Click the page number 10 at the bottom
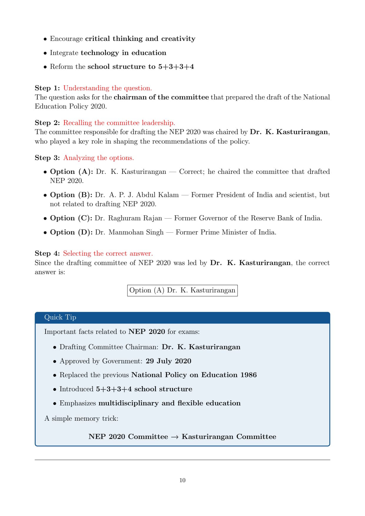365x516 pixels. pos(182,480)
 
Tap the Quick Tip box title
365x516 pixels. pos(60,317)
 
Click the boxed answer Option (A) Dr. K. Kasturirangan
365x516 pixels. pos(182,290)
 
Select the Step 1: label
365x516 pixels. pos(47,88)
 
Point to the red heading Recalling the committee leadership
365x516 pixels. pos(119,123)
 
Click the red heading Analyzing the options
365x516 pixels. pos(99,158)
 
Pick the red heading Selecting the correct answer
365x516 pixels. pos(108,253)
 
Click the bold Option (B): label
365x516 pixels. pos(71,195)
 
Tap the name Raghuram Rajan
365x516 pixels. pos(135,218)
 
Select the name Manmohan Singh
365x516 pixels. pos(136,232)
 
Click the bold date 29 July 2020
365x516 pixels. pos(168,361)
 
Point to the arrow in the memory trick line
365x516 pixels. pos(175,437)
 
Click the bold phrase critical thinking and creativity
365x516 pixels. pos(140,39)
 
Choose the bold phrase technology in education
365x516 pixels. pos(123,53)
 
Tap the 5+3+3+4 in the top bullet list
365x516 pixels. pos(176,66)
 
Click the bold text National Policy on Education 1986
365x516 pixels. pos(194,375)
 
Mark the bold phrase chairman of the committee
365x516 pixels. pos(161,97)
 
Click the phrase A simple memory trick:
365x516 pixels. pos(81,418)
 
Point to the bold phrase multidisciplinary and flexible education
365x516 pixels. pos(169,403)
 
